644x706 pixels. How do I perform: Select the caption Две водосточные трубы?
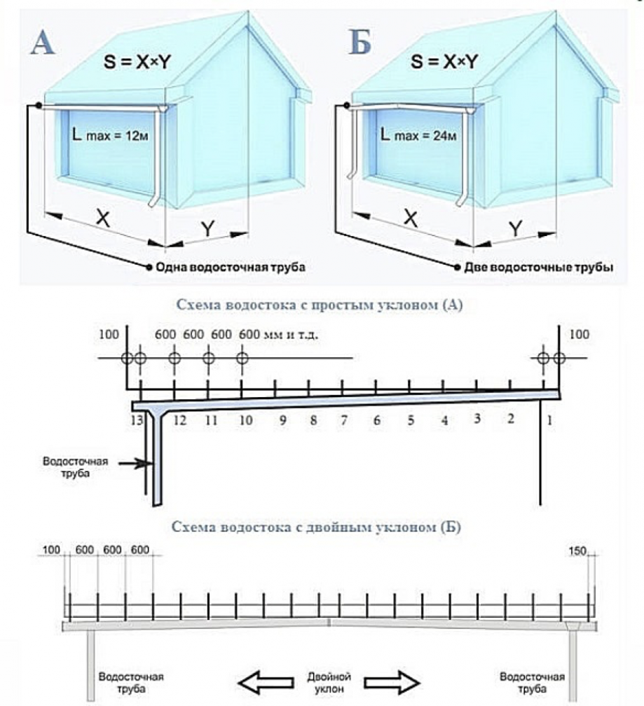(x=537, y=268)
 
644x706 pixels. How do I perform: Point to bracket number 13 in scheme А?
(x=136, y=420)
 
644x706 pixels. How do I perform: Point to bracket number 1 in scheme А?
(x=550, y=420)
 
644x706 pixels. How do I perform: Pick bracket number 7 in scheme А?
(x=343, y=420)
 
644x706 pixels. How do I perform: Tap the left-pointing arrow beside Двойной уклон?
(x=265, y=681)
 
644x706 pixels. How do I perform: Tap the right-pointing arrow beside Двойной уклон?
(x=392, y=681)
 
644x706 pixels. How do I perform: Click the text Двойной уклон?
(x=329, y=681)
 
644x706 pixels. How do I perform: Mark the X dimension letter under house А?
(x=103, y=219)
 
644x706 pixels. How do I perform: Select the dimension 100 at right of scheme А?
(x=580, y=335)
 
